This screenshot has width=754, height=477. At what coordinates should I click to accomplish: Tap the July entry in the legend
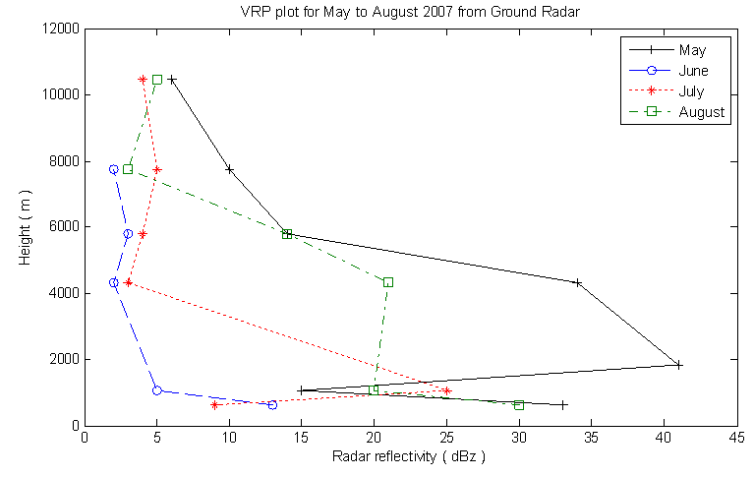point(692,91)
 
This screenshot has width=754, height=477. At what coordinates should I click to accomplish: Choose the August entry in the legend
point(701,112)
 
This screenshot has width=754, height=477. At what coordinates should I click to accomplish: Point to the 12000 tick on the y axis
point(58,29)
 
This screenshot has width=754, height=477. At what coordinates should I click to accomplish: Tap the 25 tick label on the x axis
point(447,439)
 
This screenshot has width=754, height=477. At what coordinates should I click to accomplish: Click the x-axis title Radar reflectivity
point(409,457)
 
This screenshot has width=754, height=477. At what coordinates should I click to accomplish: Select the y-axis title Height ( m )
point(26,227)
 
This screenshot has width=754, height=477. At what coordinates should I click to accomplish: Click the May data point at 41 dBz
point(678,365)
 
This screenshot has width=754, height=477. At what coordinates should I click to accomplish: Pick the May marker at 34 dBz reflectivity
point(577,282)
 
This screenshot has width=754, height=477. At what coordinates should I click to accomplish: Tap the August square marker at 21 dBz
point(388,282)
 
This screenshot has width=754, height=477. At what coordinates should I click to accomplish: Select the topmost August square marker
point(157,80)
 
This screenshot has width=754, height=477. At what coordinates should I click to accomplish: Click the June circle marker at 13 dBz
point(272,404)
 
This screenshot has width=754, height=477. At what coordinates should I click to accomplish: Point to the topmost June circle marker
point(114,169)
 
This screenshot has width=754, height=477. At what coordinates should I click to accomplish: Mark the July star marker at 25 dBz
point(447,390)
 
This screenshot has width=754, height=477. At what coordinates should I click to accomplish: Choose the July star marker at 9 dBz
point(214,405)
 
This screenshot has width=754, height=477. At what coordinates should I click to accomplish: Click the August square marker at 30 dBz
point(519,405)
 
